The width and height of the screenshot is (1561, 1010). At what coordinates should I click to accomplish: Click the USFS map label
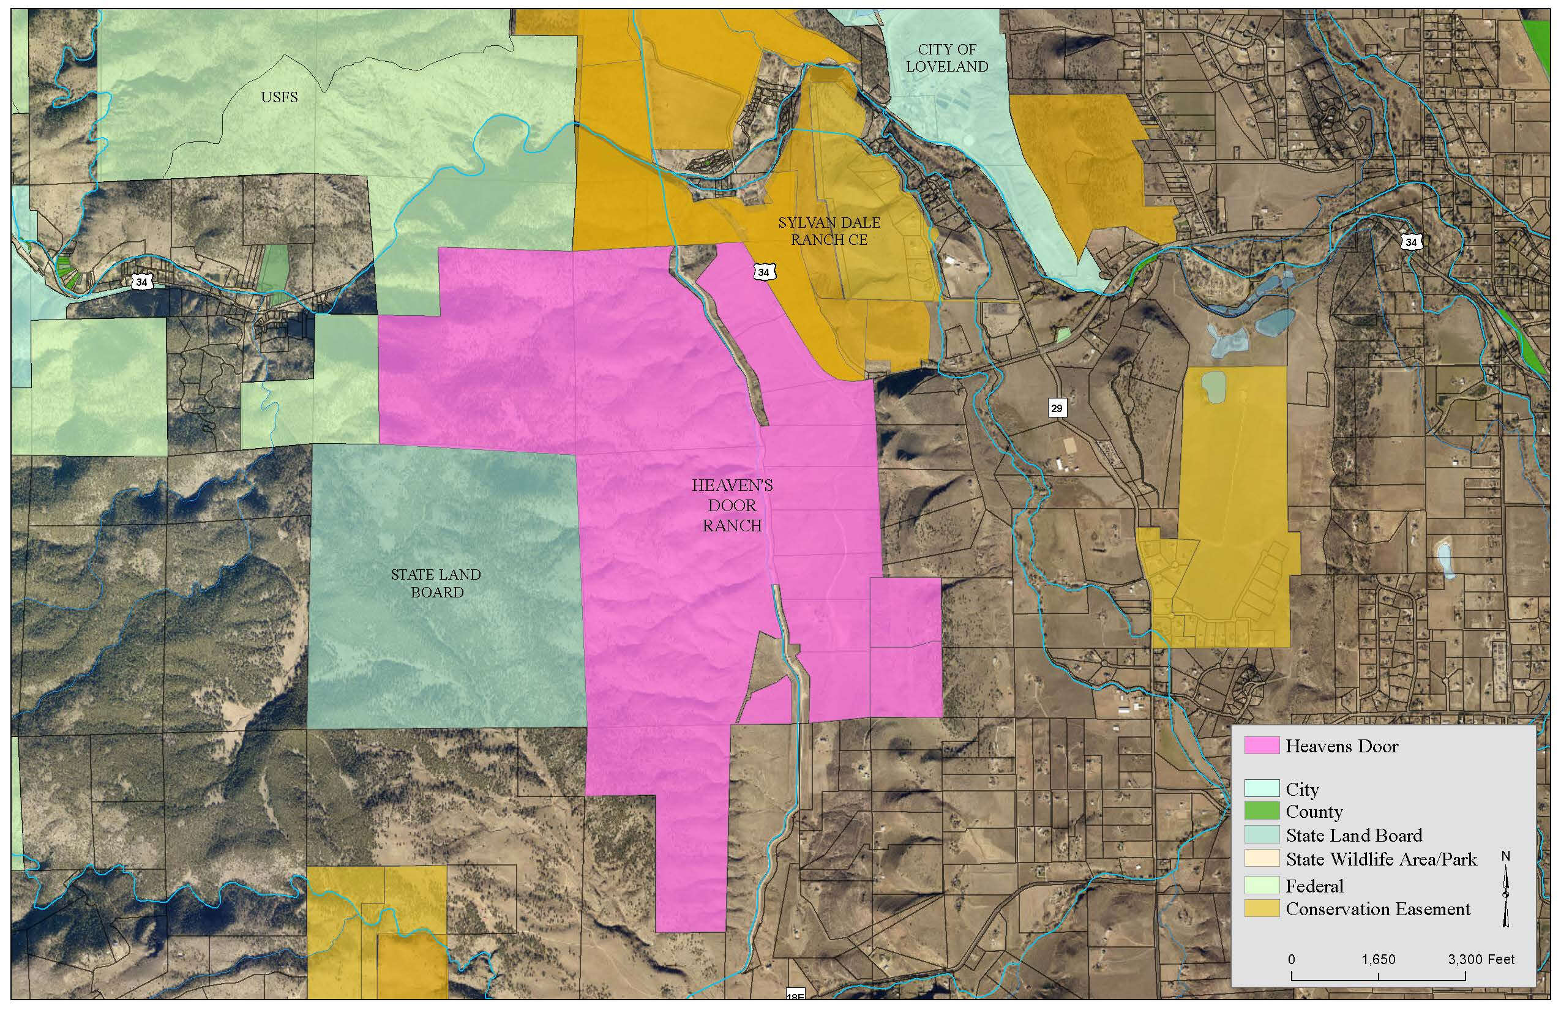[279, 98]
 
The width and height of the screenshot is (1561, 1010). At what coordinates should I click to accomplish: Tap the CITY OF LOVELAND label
[946, 58]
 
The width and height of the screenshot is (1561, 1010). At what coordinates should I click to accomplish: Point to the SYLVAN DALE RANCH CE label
[829, 231]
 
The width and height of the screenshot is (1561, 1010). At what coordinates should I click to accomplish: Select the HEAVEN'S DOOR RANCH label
[732, 505]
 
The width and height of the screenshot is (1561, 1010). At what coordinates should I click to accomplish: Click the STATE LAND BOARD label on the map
[436, 583]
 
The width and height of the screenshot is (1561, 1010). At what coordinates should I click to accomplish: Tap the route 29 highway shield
[1056, 408]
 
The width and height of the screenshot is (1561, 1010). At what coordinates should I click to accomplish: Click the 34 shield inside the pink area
[763, 272]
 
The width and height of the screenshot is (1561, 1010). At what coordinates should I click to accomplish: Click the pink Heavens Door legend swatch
[1262, 746]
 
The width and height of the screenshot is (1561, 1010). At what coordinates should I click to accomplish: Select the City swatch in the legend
[1262, 788]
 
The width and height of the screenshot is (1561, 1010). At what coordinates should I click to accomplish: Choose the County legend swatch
[1262, 811]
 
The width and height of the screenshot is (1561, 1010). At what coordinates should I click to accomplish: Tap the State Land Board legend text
[1353, 835]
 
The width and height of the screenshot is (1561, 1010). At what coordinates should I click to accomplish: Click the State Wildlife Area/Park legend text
[1381, 859]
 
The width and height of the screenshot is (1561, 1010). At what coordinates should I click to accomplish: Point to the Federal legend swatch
[1262, 885]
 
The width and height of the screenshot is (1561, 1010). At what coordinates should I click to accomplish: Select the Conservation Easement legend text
[1378, 909]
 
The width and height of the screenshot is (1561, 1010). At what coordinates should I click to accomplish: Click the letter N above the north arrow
[1506, 856]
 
